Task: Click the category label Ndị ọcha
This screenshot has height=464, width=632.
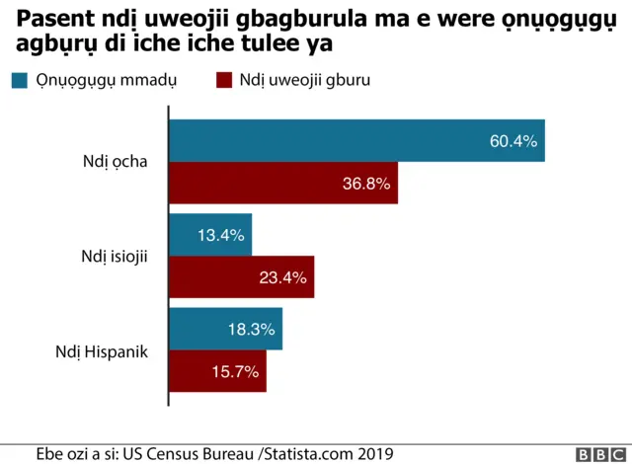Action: pos(116,162)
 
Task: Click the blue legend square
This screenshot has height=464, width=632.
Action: pos(19,81)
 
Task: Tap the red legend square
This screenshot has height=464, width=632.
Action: pos(223,81)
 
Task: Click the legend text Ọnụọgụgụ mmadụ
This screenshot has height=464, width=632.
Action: pos(106,81)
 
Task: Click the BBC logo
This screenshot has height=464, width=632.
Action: pos(594,453)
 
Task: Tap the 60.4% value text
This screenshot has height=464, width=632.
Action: pos(513,141)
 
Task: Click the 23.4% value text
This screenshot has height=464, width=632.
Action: pos(282,277)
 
